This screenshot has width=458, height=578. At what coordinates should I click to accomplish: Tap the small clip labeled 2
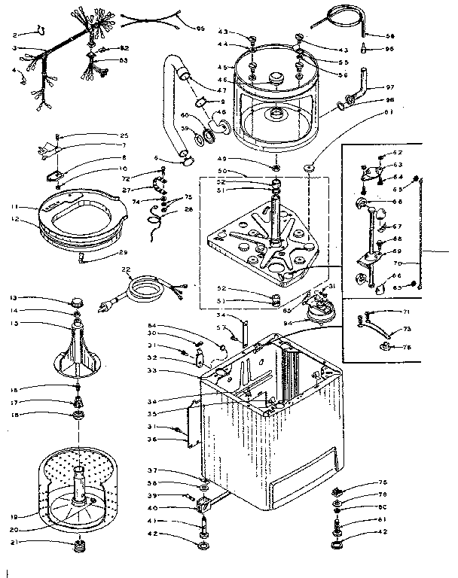click(x=41, y=31)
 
